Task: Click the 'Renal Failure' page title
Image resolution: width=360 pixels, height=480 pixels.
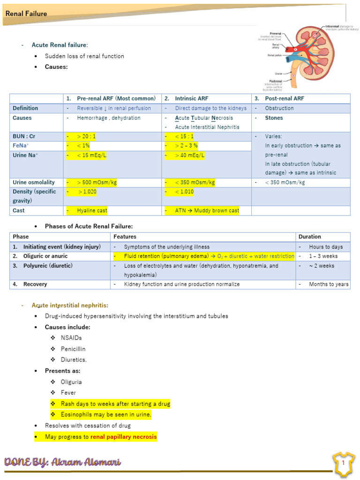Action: click(x=26, y=14)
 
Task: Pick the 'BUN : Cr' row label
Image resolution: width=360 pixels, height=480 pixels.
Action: click(x=24, y=136)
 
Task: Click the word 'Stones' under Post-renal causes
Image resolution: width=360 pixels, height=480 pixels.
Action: click(x=274, y=118)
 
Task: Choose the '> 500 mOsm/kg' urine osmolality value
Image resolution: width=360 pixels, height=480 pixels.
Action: click(x=97, y=182)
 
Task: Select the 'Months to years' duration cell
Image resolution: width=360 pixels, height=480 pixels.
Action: click(x=329, y=284)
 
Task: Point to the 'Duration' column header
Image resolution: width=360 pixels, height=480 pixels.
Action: click(x=309, y=237)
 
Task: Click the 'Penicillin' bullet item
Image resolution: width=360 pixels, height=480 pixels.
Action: click(x=73, y=349)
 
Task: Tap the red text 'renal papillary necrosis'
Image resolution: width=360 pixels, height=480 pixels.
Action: click(x=123, y=437)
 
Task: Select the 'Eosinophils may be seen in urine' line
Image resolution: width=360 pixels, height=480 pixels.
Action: click(x=106, y=415)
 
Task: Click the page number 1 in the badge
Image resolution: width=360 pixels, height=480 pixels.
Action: click(x=343, y=463)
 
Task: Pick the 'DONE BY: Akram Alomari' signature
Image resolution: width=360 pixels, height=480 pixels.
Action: click(x=62, y=462)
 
